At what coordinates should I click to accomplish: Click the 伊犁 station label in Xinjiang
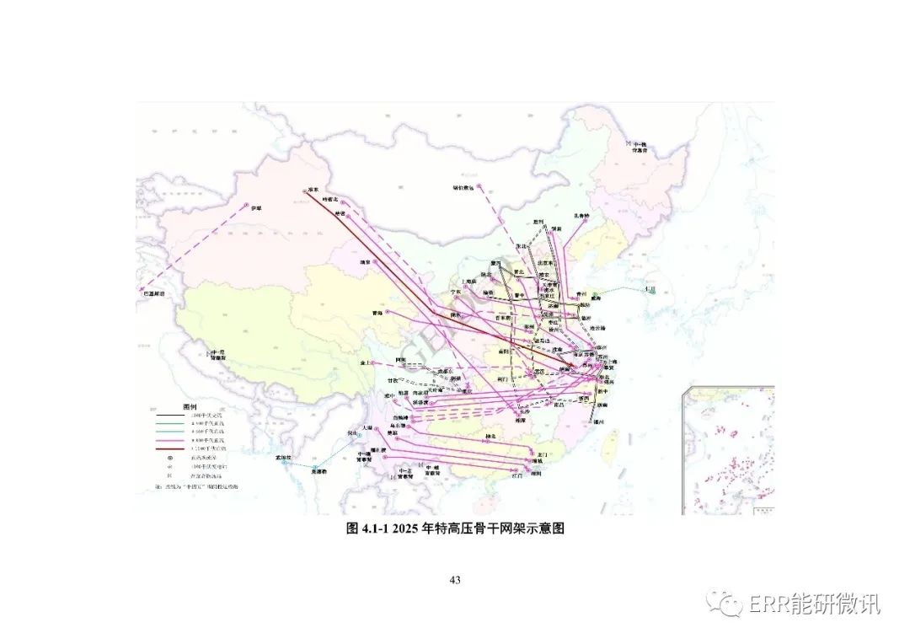tap(256, 207)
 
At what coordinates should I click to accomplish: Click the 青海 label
tap(377, 313)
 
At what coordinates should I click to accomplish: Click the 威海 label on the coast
tap(599, 297)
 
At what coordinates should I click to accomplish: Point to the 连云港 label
tap(598, 327)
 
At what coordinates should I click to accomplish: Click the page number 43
tap(455, 580)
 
